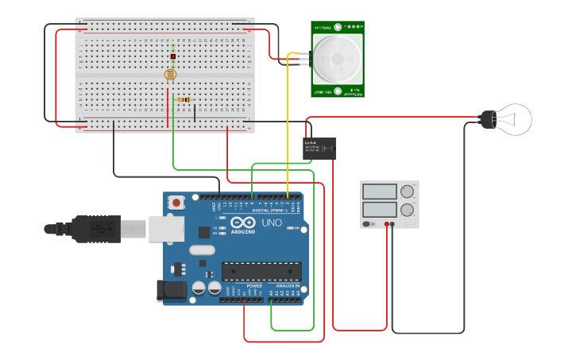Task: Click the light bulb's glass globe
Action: tap(515, 119)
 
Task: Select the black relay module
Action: tap(319, 148)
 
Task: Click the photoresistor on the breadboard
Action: tap(170, 75)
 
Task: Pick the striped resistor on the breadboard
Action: tap(185, 99)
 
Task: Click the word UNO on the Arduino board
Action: tap(272, 223)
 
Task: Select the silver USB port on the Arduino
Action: tap(166, 229)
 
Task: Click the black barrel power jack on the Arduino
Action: tap(171, 290)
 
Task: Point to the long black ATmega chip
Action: tap(261, 271)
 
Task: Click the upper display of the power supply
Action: tap(380, 192)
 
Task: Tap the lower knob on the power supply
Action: tap(408, 211)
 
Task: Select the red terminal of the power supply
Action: tap(387, 224)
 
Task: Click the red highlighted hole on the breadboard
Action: tap(172, 56)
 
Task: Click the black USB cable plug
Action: tap(95, 228)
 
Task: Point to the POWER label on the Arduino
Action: tap(254, 285)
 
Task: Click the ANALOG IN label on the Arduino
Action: tap(287, 285)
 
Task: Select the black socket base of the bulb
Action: tap(487, 120)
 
